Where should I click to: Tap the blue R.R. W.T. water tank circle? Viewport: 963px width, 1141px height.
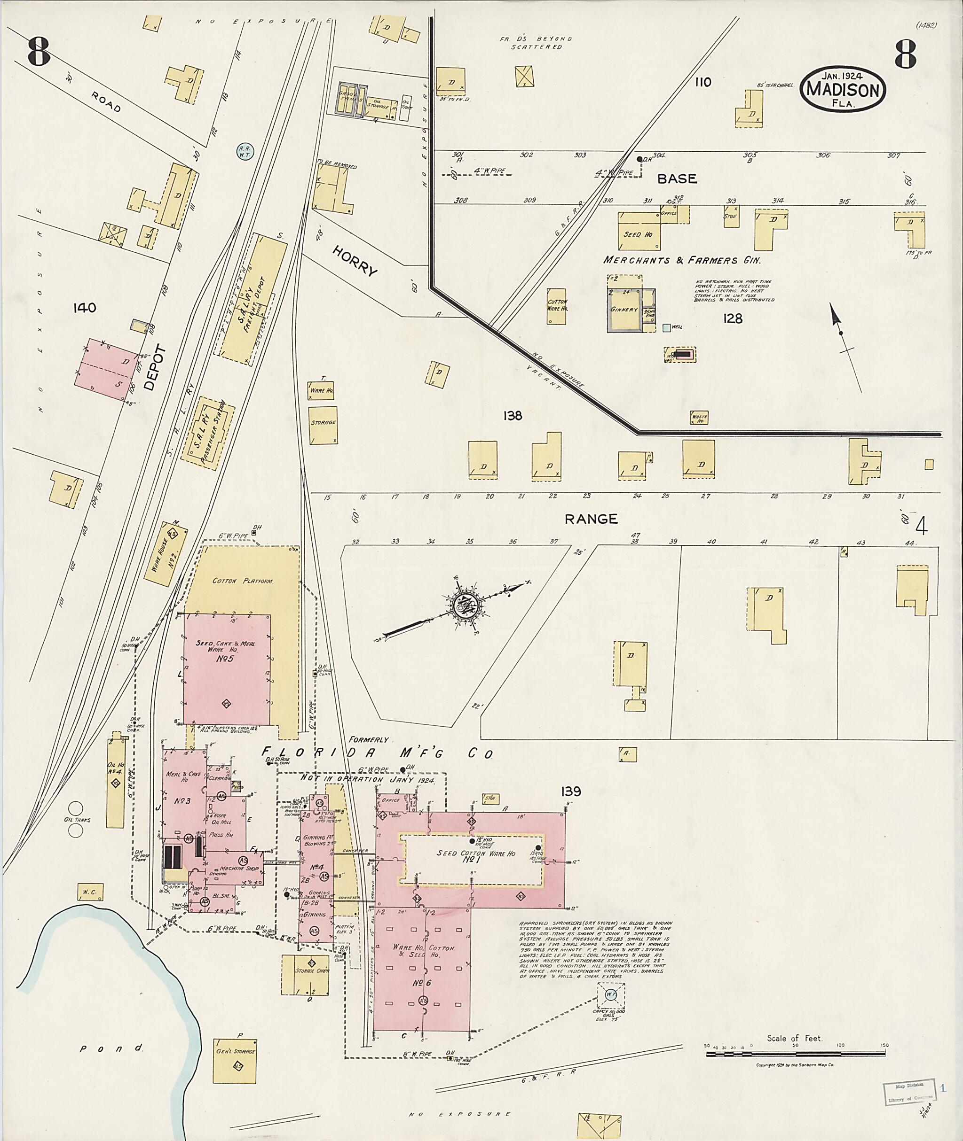point(244,151)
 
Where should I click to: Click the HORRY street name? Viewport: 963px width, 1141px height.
point(355,261)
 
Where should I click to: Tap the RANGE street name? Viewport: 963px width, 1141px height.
point(591,519)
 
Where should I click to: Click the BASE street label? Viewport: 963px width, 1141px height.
point(677,179)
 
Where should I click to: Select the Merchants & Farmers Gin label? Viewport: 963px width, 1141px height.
point(682,260)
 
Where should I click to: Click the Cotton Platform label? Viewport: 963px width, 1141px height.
point(242,581)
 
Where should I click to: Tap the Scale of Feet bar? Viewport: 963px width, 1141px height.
point(797,1054)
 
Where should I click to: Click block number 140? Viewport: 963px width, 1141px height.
point(85,308)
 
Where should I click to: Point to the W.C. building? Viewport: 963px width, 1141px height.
point(90,892)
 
